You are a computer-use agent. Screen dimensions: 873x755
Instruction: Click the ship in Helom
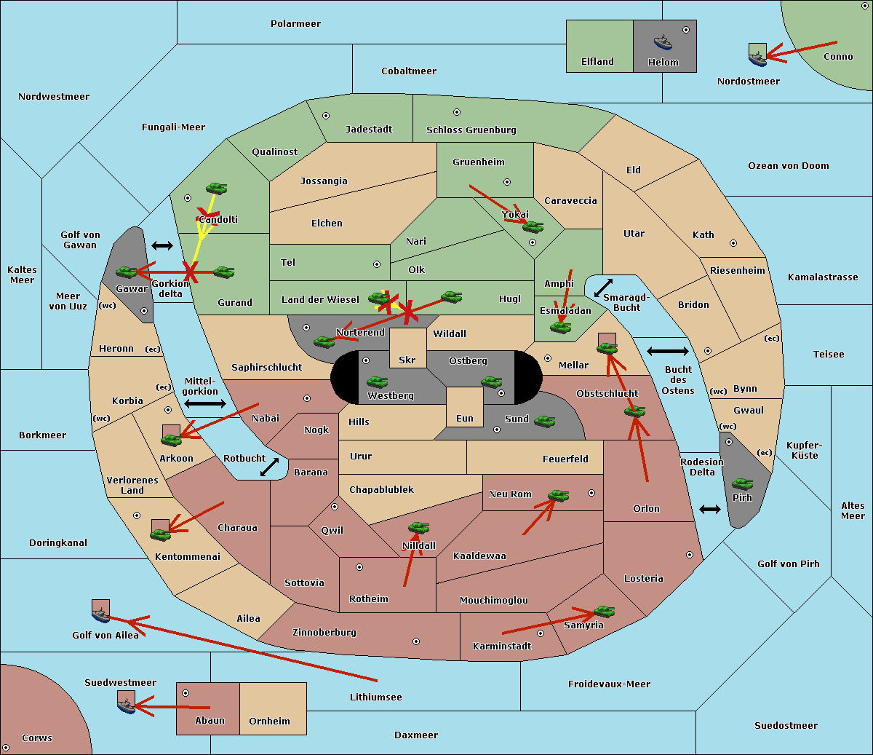click(663, 42)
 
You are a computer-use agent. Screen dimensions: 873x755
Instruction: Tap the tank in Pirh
click(742, 483)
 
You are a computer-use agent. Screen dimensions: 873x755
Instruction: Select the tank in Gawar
click(127, 272)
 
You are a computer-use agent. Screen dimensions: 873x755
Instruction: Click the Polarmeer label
click(295, 24)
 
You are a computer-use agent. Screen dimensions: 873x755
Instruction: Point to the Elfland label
click(597, 62)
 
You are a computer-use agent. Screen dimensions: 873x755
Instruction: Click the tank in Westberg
click(377, 382)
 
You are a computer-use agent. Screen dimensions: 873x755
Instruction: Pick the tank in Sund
click(544, 421)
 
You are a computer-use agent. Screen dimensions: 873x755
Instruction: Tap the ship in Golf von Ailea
click(101, 614)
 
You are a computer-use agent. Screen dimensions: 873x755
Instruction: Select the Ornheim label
click(269, 721)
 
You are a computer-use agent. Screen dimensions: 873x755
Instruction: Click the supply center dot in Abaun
click(186, 693)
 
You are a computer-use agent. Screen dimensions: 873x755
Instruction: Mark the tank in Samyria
click(604, 612)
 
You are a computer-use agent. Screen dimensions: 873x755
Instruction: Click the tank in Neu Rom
click(558, 495)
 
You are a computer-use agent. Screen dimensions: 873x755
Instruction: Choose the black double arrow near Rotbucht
click(270, 467)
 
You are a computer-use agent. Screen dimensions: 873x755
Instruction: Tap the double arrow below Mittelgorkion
click(205, 403)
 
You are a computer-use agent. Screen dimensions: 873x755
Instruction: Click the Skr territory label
click(407, 360)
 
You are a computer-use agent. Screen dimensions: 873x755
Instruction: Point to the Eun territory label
click(465, 418)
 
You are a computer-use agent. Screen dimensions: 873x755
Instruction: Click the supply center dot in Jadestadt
click(326, 116)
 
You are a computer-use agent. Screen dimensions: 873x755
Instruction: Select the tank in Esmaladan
click(560, 327)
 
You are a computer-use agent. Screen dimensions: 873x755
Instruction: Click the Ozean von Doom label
click(788, 166)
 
